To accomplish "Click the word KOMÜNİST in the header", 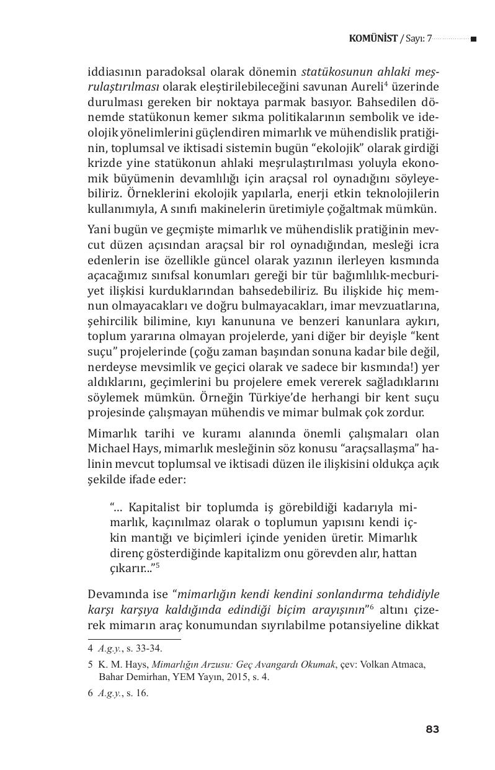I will coord(373,39).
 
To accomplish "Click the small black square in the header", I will coord(473,39).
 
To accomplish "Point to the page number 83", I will coord(432,729).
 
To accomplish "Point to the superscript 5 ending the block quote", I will coord(158,565).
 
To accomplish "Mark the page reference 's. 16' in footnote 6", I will coord(136,694).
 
